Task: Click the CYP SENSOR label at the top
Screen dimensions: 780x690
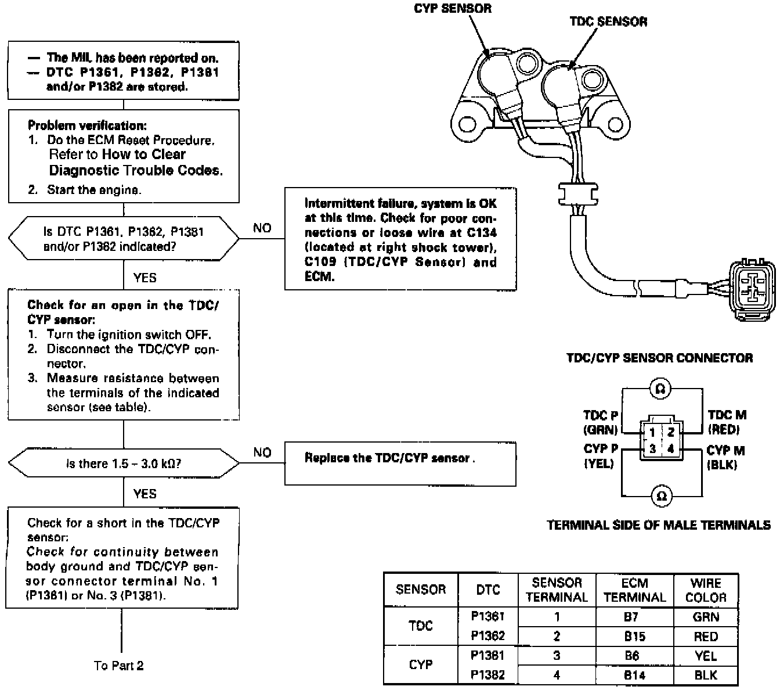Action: tap(452, 9)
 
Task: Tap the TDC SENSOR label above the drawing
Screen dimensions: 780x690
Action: tap(608, 21)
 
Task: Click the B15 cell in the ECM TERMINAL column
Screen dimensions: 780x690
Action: tap(634, 636)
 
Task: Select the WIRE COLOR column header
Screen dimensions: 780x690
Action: tap(706, 590)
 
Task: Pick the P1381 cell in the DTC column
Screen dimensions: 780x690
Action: tap(488, 655)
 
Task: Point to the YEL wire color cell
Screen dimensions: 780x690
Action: tap(706, 656)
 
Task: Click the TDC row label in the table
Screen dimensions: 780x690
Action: tap(420, 626)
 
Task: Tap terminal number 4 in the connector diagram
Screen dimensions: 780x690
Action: tap(670, 449)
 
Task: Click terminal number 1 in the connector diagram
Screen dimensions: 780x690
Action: tap(652, 433)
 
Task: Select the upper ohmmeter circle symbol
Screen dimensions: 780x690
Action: tap(660, 389)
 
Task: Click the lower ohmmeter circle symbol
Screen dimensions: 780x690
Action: tap(662, 496)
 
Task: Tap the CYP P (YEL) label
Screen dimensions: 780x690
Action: tap(601, 456)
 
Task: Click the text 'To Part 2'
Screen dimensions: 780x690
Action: tap(118, 666)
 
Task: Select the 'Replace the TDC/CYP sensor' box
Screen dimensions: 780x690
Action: tap(400, 464)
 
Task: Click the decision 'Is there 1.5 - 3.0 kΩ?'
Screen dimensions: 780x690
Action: tap(124, 463)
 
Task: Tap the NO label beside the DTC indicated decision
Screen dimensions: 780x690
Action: tap(262, 228)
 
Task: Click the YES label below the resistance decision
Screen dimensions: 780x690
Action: tap(145, 494)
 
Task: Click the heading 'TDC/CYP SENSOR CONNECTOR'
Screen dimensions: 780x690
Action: tap(659, 358)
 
